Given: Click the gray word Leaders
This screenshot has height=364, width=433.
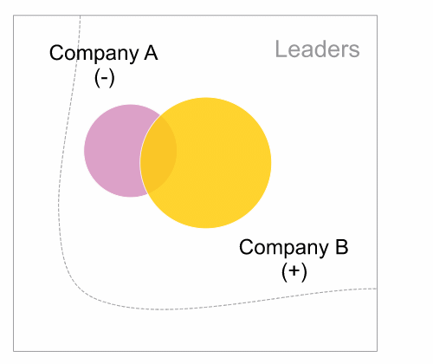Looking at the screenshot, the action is click(318, 49).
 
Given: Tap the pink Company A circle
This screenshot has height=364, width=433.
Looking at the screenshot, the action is click(115, 151).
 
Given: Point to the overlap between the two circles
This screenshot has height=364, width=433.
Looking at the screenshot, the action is click(158, 154).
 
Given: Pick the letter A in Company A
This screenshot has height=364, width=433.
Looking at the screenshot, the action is click(151, 53).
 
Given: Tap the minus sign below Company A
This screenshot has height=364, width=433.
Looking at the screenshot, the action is click(105, 78).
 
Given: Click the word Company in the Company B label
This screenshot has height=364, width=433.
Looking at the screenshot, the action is click(284, 248).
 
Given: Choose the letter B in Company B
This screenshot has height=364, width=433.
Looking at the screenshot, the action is click(342, 247).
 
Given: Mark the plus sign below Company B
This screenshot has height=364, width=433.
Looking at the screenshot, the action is click(294, 271).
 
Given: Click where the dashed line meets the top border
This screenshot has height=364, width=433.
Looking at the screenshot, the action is click(81, 16).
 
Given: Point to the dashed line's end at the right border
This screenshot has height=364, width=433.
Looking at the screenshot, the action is click(377, 289).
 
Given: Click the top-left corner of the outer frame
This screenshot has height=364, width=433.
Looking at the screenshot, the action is click(14, 16).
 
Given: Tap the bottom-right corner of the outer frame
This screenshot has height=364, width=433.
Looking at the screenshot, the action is click(377, 351).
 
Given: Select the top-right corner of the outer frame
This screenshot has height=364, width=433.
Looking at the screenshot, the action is click(377, 16).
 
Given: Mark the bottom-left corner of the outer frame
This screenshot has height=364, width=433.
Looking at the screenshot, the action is click(14, 351).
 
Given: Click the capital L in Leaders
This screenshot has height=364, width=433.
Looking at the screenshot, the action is click(281, 49).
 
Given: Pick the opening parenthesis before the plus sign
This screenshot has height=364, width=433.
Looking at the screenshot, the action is click(285, 272).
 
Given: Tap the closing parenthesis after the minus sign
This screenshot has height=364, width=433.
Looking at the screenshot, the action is click(112, 78).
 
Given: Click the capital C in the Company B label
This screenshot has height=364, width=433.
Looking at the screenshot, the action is click(246, 247).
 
